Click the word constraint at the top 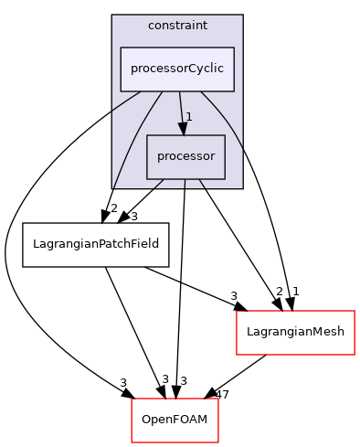click(177, 26)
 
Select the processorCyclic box click(177, 69)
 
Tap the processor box click(185, 156)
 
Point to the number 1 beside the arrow click(189, 117)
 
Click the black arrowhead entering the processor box click(183, 129)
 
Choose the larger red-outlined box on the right click(295, 333)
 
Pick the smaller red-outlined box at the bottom click(175, 420)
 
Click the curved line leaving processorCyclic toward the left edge click(126, 101)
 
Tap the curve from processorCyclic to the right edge click(226, 117)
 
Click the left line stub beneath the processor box click(158, 184)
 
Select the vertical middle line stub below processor click(185, 184)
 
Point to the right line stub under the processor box click(202, 184)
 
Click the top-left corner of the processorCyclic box click(122, 48)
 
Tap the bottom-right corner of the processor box click(225, 178)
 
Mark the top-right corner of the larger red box click(354, 312)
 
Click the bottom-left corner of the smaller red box click(132, 442)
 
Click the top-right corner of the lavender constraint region click(242, 16)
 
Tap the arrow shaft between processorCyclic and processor click(181, 108)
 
